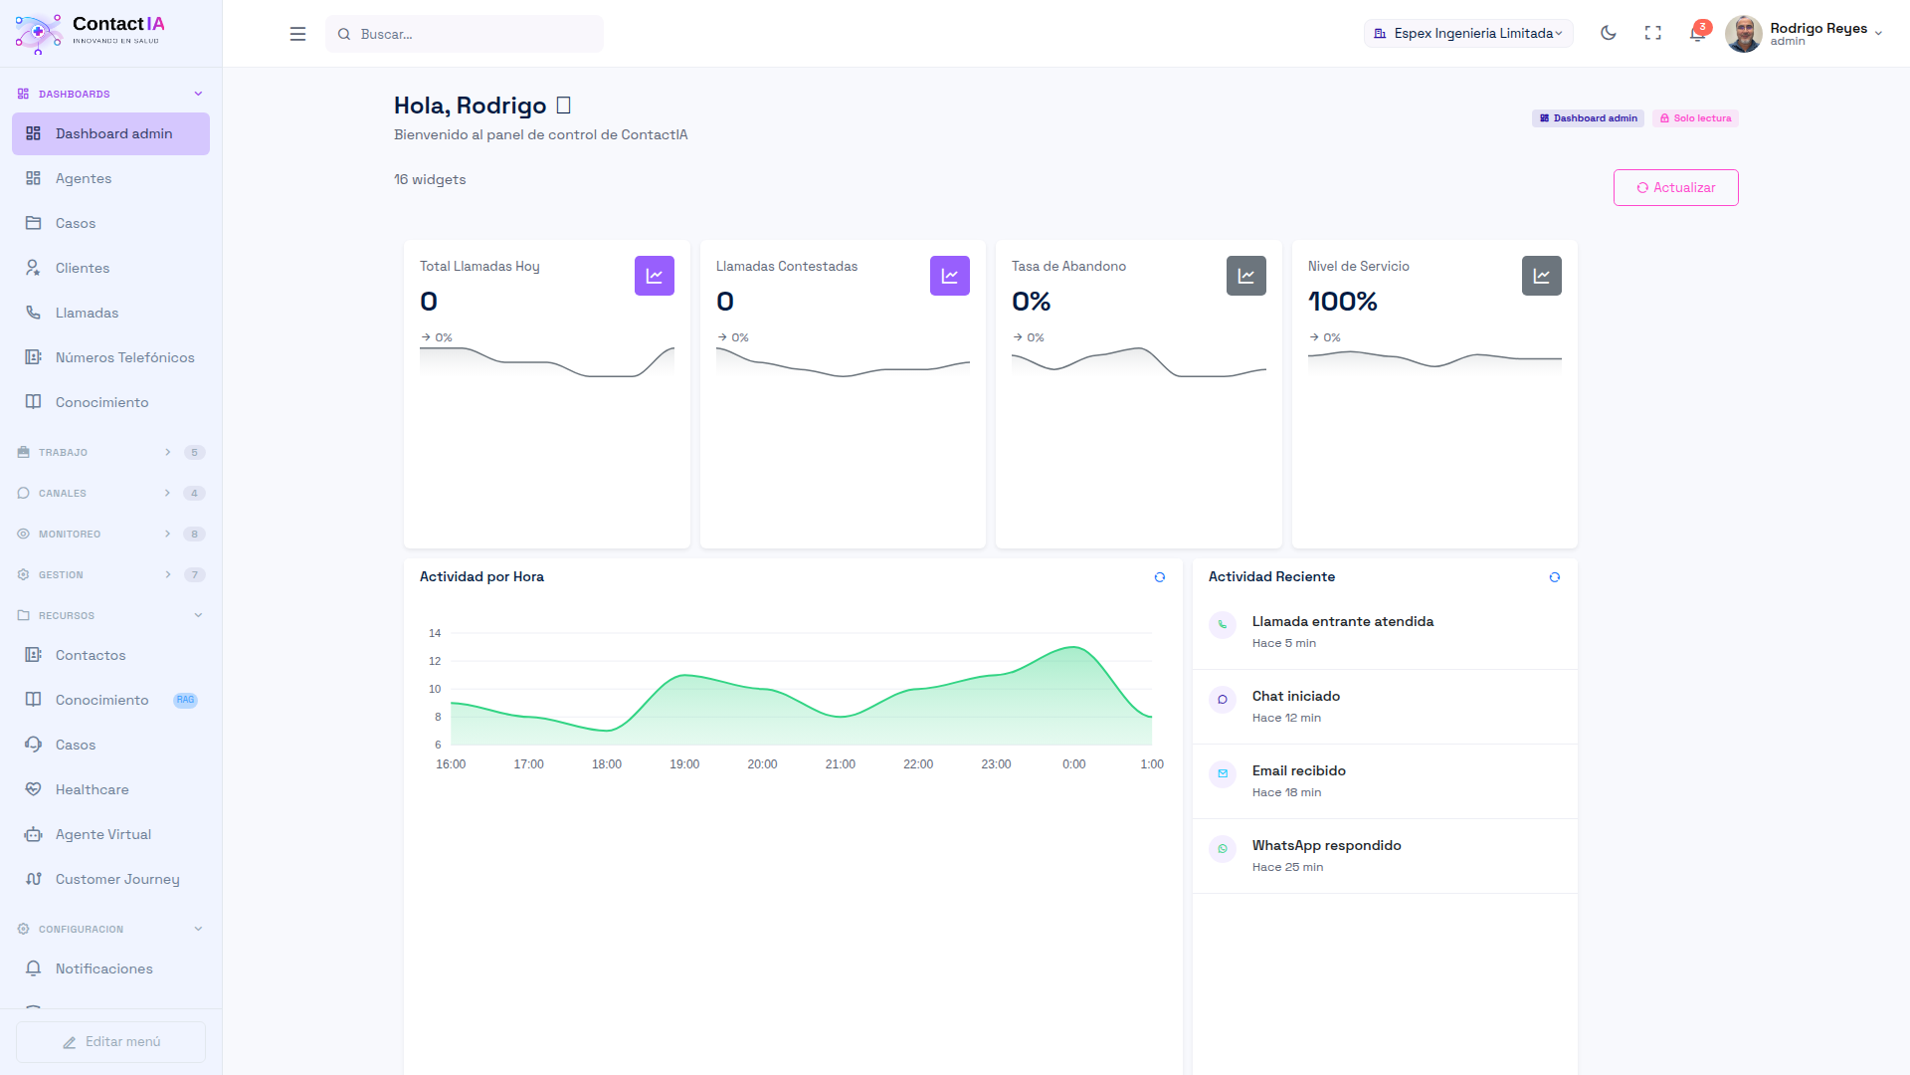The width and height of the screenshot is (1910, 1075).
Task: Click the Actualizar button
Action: [x=1675, y=187]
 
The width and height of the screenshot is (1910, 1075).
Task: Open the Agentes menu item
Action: [x=84, y=178]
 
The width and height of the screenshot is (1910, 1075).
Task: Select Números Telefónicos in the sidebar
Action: [x=124, y=357]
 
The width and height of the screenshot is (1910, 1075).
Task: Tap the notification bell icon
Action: [x=1697, y=34]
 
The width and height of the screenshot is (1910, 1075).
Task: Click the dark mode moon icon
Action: [x=1608, y=33]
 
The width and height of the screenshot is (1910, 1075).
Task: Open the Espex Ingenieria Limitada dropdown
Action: [x=1468, y=33]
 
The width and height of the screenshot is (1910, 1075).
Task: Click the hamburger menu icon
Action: [x=297, y=34]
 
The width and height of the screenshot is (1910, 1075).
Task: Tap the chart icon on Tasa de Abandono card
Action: [x=1245, y=276]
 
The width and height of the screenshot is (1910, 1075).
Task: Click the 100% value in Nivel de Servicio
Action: [x=1342, y=302]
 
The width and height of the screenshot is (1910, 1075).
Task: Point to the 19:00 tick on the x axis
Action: [x=684, y=764]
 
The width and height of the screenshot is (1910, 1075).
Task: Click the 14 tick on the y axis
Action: [x=435, y=633]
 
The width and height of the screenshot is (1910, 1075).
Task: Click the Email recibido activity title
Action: [x=1298, y=771]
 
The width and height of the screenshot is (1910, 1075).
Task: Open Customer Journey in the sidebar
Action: [x=117, y=879]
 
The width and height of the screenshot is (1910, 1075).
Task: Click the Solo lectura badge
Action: [x=1695, y=118]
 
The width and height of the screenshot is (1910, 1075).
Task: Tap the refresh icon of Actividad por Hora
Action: [x=1159, y=577]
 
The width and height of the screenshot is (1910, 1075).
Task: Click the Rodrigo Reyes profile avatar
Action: [x=1743, y=33]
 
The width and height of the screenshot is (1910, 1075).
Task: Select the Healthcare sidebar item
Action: [x=92, y=789]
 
